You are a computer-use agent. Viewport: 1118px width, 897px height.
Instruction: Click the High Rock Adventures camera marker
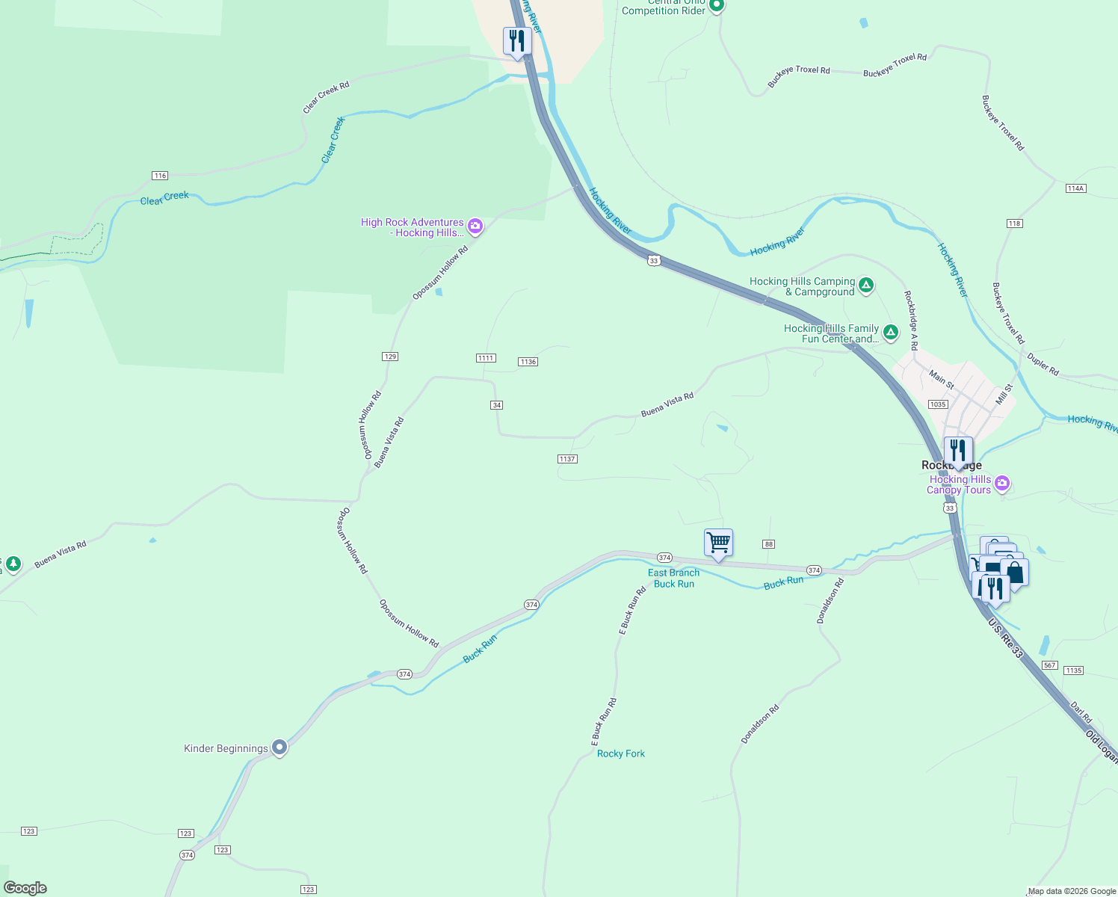tap(475, 226)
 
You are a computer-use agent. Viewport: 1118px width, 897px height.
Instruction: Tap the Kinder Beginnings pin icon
tap(279, 747)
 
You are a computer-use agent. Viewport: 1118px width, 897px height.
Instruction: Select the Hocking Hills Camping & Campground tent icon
tap(865, 285)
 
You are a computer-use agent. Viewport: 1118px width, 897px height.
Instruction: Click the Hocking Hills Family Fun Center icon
tap(890, 332)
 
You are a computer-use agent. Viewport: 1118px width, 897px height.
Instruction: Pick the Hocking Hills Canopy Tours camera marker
tap(1003, 483)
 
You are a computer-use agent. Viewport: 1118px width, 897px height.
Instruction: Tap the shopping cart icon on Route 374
tap(718, 543)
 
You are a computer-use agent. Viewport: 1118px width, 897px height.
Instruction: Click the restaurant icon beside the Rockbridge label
tap(958, 451)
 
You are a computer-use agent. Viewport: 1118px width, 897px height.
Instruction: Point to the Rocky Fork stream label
tap(621, 753)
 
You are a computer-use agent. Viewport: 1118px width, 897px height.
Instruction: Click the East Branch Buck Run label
tap(674, 579)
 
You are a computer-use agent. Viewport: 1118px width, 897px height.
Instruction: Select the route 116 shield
tap(160, 176)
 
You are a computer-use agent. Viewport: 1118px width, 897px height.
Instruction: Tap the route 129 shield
tap(390, 357)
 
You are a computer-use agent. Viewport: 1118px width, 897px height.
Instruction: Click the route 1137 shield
tap(567, 459)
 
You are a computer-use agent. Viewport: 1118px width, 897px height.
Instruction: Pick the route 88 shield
tap(769, 543)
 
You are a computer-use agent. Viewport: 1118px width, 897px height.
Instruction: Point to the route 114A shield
tap(1075, 188)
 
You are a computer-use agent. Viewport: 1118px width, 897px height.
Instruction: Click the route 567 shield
tap(1050, 665)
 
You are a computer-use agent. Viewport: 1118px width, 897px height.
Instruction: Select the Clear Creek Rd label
tap(326, 98)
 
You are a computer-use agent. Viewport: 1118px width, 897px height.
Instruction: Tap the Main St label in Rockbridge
tap(942, 379)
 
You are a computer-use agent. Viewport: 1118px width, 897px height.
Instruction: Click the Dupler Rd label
tap(1043, 364)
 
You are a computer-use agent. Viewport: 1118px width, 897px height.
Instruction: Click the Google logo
tap(25, 888)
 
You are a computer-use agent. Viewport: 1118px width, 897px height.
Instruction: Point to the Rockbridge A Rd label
tap(910, 321)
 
